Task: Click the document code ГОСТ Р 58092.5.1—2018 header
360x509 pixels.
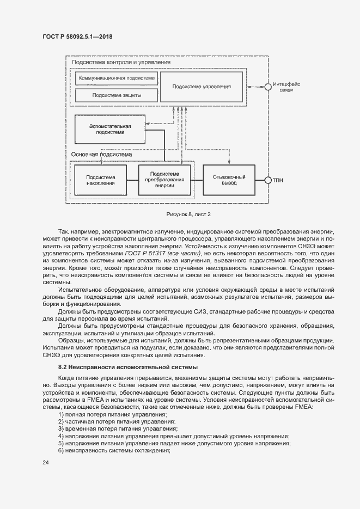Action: [77, 37]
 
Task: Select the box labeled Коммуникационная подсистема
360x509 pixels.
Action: [116, 78]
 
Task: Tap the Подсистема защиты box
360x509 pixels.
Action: [116, 95]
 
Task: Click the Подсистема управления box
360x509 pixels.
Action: [202, 87]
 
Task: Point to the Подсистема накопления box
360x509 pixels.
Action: [101, 180]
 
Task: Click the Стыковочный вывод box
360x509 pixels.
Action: [229, 180]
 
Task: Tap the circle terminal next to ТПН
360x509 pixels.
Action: [267, 180]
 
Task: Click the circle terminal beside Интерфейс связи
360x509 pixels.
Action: [267, 87]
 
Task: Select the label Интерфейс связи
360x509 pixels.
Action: [286, 87]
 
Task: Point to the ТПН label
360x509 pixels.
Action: [278, 180]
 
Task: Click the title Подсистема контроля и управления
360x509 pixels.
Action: [121, 63]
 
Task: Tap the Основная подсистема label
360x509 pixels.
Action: [101, 154]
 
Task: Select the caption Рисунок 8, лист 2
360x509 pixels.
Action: [180, 214]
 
